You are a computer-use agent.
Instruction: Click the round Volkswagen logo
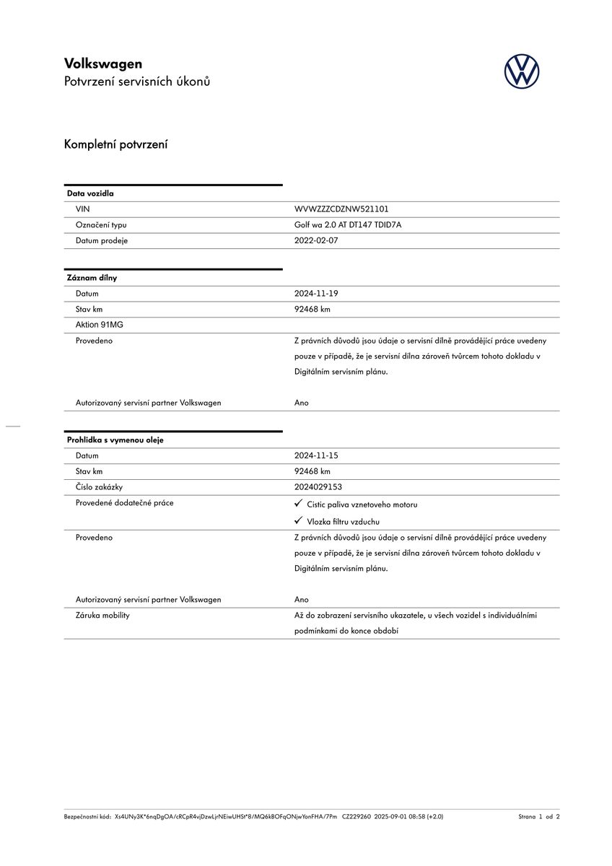pyautogui.click(x=521, y=72)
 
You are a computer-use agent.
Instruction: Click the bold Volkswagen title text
pyautogui.click(x=103, y=64)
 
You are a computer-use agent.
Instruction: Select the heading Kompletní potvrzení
pyautogui.click(x=115, y=144)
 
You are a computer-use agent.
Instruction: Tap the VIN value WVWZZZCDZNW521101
pyautogui.click(x=341, y=209)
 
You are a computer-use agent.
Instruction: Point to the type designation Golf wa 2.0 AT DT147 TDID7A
pyautogui.click(x=348, y=225)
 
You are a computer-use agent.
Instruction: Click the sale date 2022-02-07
pyautogui.click(x=316, y=241)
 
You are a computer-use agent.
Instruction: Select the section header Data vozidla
pyautogui.click(x=90, y=193)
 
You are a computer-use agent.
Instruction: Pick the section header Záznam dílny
pyautogui.click(x=92, y=278)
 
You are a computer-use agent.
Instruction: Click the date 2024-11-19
pyautogui.click(x=316, y=294)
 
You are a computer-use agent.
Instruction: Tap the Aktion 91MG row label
pyautogui.click(x=100, y=325)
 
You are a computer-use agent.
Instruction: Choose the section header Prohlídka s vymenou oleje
pyautogui.click(x=115, y=440)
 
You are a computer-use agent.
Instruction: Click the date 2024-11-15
pyautogui.click(x=316, y=456)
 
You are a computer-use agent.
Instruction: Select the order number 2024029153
pyautogui.click(x=318, y=487)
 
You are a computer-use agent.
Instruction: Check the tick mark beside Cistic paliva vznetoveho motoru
pyautogui.click(x=298, y=504)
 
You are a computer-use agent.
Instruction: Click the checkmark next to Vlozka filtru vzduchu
pyautogui.click(x=298, y=520)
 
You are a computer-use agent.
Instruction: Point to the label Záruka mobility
pyautogui.click(x=102, y=616)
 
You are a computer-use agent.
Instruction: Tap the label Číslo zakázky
pyautogui.click(x=99, y=487)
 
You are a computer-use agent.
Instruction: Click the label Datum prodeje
pyautogui.click(x=102, y=241)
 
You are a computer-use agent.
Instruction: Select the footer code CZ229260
pyautogui.click(x=356, y=817)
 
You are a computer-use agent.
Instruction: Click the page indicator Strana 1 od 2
pyautogui.click(x=538, y=817)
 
